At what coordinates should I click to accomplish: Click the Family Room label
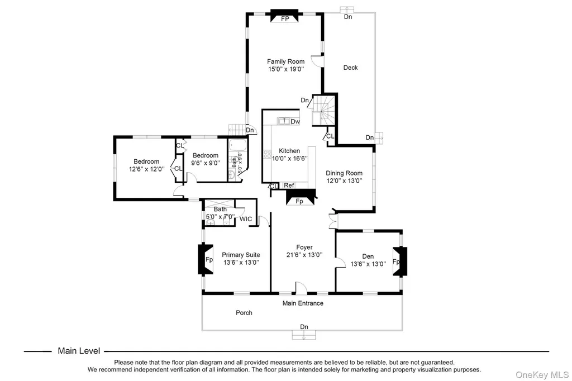click(285, 61)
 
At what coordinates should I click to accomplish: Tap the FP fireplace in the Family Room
click(284, 16)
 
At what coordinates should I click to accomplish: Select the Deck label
click(351, 68)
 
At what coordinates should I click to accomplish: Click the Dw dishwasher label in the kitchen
click(295, 122)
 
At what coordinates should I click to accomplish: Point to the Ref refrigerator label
click(289, 185)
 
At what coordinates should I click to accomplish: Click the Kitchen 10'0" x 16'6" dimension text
click(290, 159)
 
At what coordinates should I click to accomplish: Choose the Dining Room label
click(344, 173)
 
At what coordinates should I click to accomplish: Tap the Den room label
click(368, 256)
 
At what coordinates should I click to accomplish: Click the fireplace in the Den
click(400, 261)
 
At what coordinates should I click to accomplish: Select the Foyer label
click(304, 247)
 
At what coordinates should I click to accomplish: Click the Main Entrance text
click(303, 303)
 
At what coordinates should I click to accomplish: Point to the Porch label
click(244, 313)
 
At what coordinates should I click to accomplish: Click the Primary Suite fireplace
click(206, 259)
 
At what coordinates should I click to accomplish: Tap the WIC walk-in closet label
click(246, 219)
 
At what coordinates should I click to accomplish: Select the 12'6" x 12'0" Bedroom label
click(147, 165)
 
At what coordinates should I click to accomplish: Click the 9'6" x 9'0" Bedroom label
click(206, 159)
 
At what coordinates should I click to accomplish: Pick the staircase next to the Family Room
click(323, 110)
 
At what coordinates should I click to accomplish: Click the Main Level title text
click(79, 351)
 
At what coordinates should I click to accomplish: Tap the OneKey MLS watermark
click(542, 375)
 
